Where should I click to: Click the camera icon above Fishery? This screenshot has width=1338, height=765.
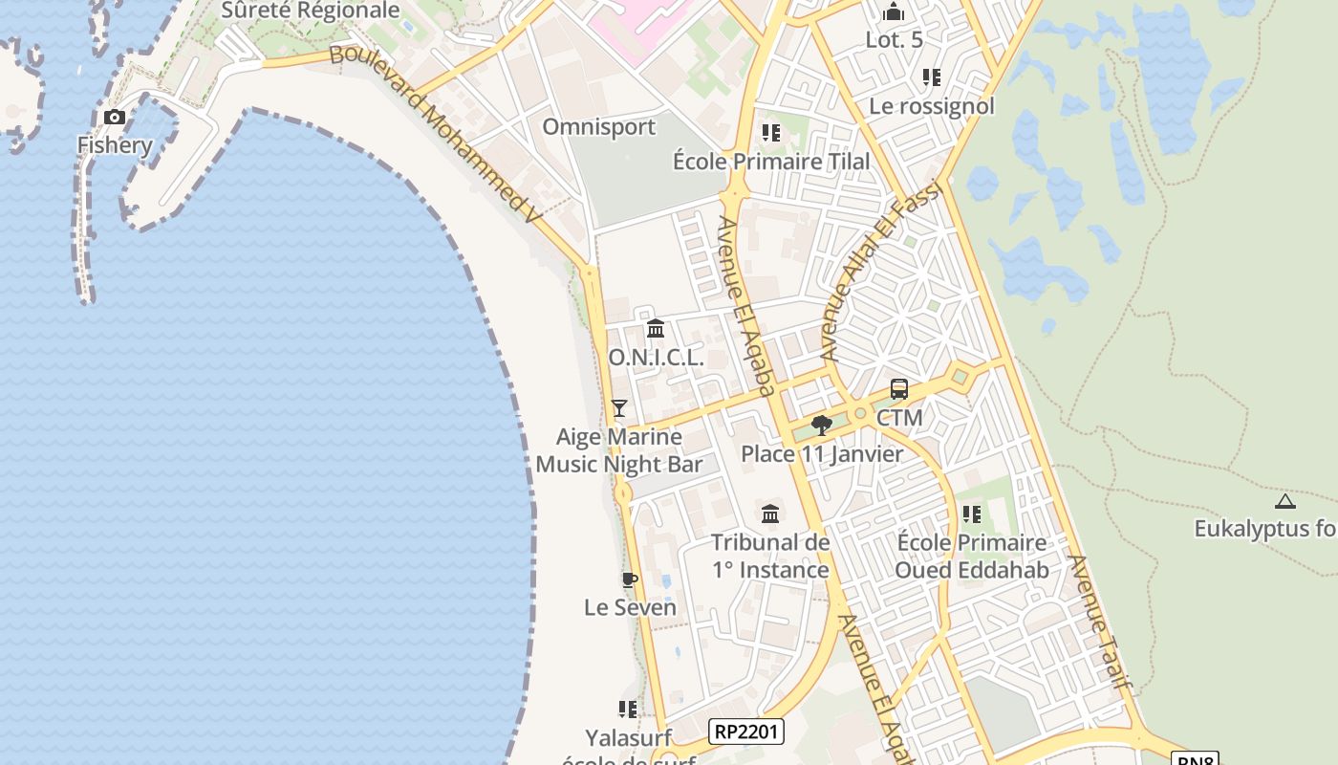click(x=115, y=118)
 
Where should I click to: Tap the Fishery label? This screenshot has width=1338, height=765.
click(x=115, y=145)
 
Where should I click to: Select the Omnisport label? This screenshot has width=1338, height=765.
click(x=599, y=127)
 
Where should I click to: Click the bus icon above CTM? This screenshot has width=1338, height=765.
click(x=899, y=389)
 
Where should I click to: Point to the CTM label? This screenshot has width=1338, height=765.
click(x=899, y=418)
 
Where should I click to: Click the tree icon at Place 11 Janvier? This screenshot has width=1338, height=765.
click(x=820, y=426)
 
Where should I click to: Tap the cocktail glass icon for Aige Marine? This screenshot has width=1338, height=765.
click(x=619, y=408)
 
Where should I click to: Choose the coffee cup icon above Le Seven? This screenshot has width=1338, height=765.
click(x=629, y=579)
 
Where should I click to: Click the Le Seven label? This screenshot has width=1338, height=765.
click(x=630, y=607)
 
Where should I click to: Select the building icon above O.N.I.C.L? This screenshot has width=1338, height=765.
click(x=656, y=329)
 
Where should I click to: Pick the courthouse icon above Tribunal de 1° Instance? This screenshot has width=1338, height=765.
click(x=770, y=514)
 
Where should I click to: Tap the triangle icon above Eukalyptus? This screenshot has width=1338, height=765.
click(x=1285, y=501)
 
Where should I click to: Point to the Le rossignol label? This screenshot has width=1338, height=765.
click(x=932, y=106)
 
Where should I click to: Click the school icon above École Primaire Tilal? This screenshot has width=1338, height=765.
click(x=770, y=132)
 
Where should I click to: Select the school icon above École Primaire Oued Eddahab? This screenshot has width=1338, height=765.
click(x=972, y=514)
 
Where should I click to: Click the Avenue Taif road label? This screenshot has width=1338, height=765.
click(x=1100, y=622)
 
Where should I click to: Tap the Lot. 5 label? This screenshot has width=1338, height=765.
click(x=895, y=40)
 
